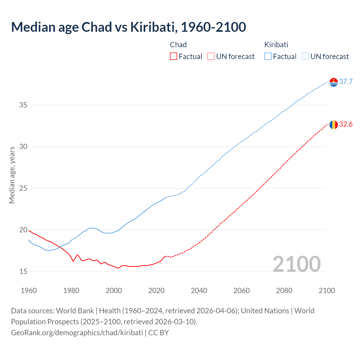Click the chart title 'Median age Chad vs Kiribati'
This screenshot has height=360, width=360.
coord(129,27)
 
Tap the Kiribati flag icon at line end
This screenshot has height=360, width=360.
coord(334,82)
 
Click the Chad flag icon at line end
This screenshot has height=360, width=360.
coord(334,124)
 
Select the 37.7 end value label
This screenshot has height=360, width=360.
coord(346,82)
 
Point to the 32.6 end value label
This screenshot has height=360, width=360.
coord(346,124)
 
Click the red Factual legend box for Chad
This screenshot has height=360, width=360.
coord(174,57)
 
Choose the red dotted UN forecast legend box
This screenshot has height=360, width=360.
coord(211,57)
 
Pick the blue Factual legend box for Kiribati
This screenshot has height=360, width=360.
coord(268,57)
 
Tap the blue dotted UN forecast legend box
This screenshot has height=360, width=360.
coord(305,57)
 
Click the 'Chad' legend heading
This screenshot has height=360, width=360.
coord(178,45)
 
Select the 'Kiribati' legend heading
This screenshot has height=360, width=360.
coord(276,45)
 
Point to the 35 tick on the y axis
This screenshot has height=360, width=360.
coord(23,105)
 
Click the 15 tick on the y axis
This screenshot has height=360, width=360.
coord(23,272)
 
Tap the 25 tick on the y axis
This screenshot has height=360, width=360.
coord(23,188)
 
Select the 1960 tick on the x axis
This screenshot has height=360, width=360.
coord(29,291)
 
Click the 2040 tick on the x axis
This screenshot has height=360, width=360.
coord(199,291)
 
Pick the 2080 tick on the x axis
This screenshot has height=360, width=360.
coord(284,291)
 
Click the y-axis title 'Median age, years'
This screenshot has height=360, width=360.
coord(12,175)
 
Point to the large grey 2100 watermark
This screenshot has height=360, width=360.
coord(296,264)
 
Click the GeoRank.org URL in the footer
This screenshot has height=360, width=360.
coord(77,333)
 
